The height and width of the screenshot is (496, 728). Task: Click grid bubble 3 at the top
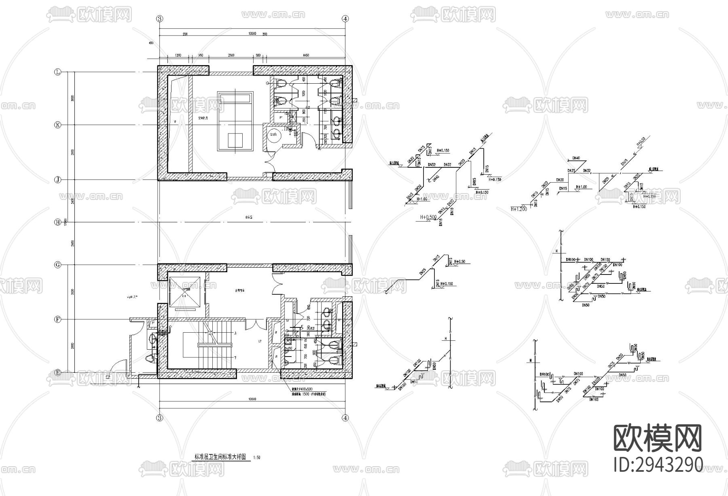[x=160, y=19]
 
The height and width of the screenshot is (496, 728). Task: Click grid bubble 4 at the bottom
[x=345, y=418]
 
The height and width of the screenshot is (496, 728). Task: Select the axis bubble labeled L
[x=57, y=72]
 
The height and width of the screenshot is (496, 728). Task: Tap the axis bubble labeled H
[x=57, y=222]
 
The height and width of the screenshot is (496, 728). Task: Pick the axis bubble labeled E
[x=57, y=372]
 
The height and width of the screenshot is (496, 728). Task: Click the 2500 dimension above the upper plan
[x=231, y=55]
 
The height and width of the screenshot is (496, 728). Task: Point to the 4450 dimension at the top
[x=306, y=55]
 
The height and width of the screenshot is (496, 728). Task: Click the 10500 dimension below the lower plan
[x=252, y=399]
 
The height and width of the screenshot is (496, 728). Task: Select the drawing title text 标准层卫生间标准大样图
[x=220, y=457]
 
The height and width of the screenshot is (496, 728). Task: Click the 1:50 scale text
[x=256, y=458]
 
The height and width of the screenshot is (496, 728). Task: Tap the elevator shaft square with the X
[x=185, y=291]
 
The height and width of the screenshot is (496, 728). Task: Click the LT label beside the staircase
[x=260, y=342]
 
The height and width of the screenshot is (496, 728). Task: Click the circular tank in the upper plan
[x=273, y=135]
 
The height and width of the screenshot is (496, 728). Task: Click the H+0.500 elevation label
[x=427, y=217]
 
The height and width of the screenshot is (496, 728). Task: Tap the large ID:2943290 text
[x=658, y=464]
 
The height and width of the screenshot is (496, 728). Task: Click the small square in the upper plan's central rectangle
[x=235, y=140]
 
